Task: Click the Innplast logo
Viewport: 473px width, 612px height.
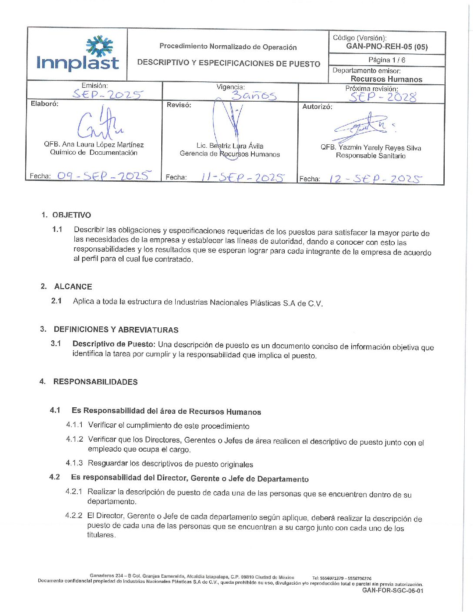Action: pos(77,54)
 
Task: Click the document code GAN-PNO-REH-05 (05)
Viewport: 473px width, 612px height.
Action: pos(386,47)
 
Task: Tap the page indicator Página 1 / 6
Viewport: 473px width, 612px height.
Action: pos(386,60)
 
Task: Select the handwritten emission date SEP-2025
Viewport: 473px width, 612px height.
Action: pos(107,94)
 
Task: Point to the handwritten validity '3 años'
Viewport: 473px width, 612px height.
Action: pos(254,95)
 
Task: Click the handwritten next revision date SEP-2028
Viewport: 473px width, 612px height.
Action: pos(383,97)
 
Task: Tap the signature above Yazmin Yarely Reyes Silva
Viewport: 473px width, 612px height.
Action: pos(363,127)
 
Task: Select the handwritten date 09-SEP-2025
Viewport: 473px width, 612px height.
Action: pos(104,176)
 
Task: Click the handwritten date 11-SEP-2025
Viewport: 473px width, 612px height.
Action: pos(243,177)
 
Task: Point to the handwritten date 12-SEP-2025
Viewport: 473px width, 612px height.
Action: pos(375,179)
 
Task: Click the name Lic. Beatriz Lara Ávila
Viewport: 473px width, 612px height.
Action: pos(230,146)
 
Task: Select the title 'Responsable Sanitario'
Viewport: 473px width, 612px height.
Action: pos(370,156)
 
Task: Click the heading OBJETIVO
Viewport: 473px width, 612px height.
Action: pos(72,215)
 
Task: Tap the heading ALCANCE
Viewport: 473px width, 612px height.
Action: pos(73,287)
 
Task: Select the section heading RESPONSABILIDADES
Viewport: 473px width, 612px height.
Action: pos(95,382)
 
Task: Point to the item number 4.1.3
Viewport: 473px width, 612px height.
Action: pos(74,463)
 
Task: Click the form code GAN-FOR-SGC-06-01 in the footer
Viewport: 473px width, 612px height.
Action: pos(393,591)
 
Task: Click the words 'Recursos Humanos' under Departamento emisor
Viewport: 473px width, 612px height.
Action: pos(386,79)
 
